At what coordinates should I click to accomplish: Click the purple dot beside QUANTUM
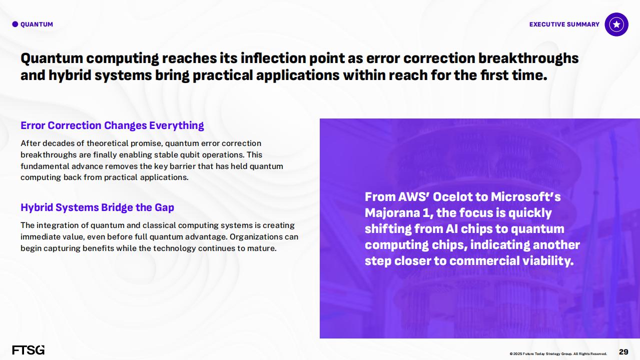coord(15,24)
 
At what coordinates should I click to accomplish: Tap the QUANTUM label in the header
coord(37,24)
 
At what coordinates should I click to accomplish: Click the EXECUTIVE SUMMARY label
coord(564,24)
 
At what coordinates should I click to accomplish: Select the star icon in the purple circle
coord(616,24)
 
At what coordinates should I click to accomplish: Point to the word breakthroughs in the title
coord(528,58)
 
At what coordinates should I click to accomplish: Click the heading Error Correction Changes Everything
coord(112,125)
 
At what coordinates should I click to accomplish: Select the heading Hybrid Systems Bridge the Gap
coord(97,207)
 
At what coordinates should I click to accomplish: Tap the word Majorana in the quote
coord(392,212)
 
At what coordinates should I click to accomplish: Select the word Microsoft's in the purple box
coord(526,196)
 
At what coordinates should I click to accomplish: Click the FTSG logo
coord(29,350)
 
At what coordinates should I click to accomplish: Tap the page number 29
coord(623,351)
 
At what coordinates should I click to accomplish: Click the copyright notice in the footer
coord(558,353)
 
